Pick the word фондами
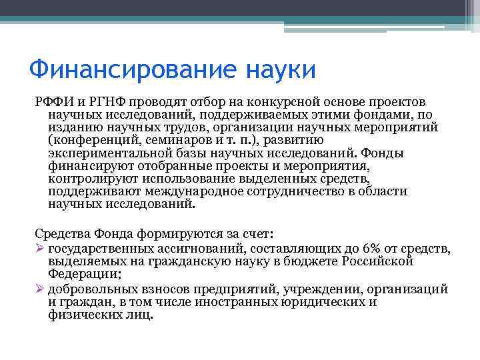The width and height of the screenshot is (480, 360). [375, 116]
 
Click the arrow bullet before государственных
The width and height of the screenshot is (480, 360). [39, 249]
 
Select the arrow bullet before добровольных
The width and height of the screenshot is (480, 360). [39, 289]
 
